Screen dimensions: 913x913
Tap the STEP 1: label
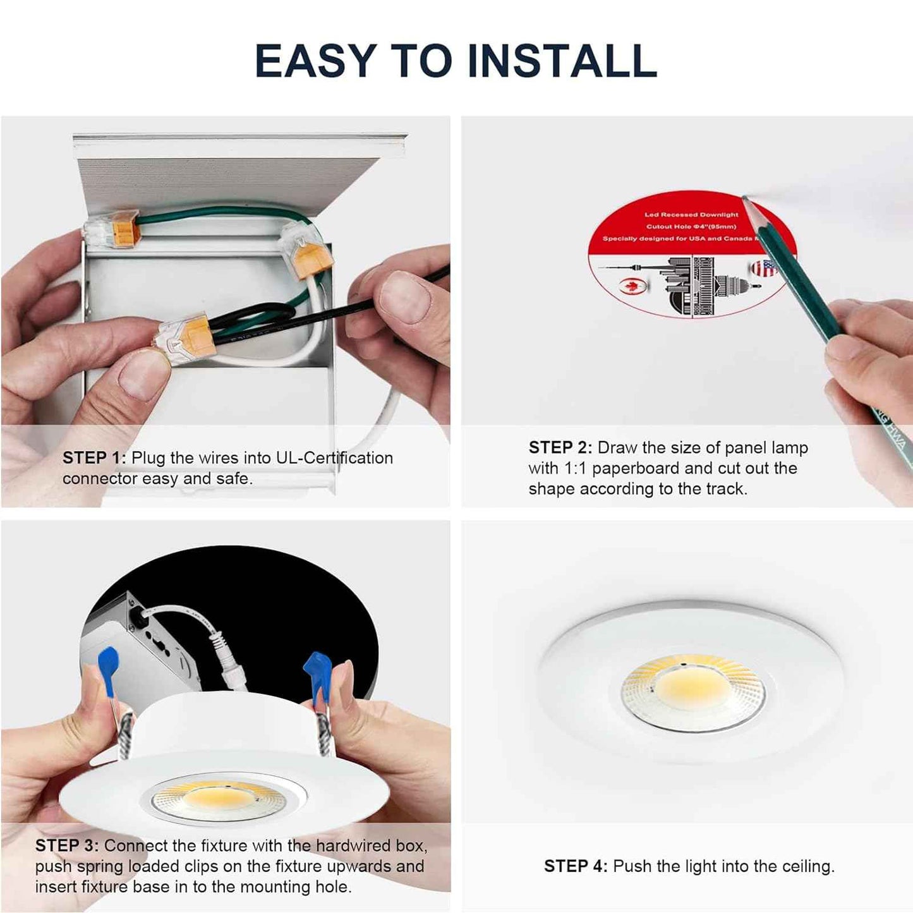pos(94,458)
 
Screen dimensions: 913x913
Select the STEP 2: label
pos(560,448)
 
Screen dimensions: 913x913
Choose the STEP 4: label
pos(575,866)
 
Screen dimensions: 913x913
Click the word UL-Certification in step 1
pos(334,458)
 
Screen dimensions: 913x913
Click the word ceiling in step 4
pos(806,866)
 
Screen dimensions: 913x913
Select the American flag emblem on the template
pos(763,268)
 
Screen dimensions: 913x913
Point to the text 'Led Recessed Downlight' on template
pos(691,215)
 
